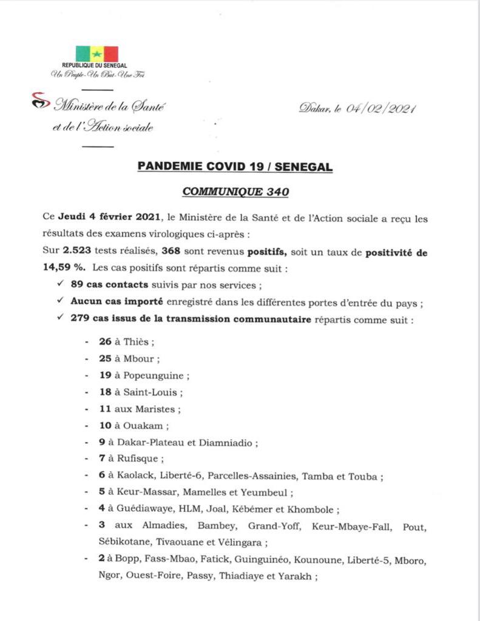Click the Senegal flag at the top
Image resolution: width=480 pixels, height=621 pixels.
click(x=96, y=54)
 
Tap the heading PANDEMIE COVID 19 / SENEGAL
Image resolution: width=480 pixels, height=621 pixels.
click(x=235, y=167)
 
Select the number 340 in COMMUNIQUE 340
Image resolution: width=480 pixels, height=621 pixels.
click(x=277, y=192)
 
